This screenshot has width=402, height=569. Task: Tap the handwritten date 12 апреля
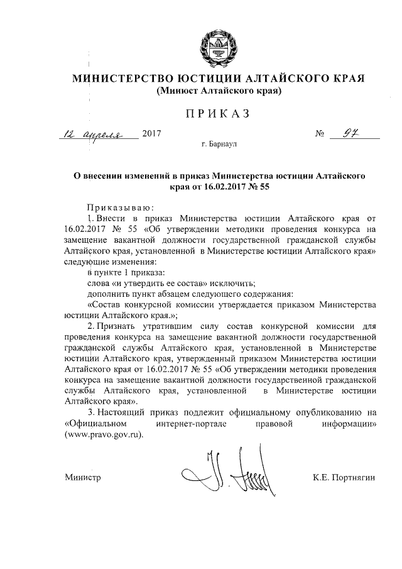pyautogui.click(x=99, y=134)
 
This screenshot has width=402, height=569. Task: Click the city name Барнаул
pyautogui.click(x=224, y=144)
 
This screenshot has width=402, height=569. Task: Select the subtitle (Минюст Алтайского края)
pyautogui.click(x=218, y=91)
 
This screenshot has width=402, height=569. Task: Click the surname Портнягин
pyautogui.click(x=354, y=479)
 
